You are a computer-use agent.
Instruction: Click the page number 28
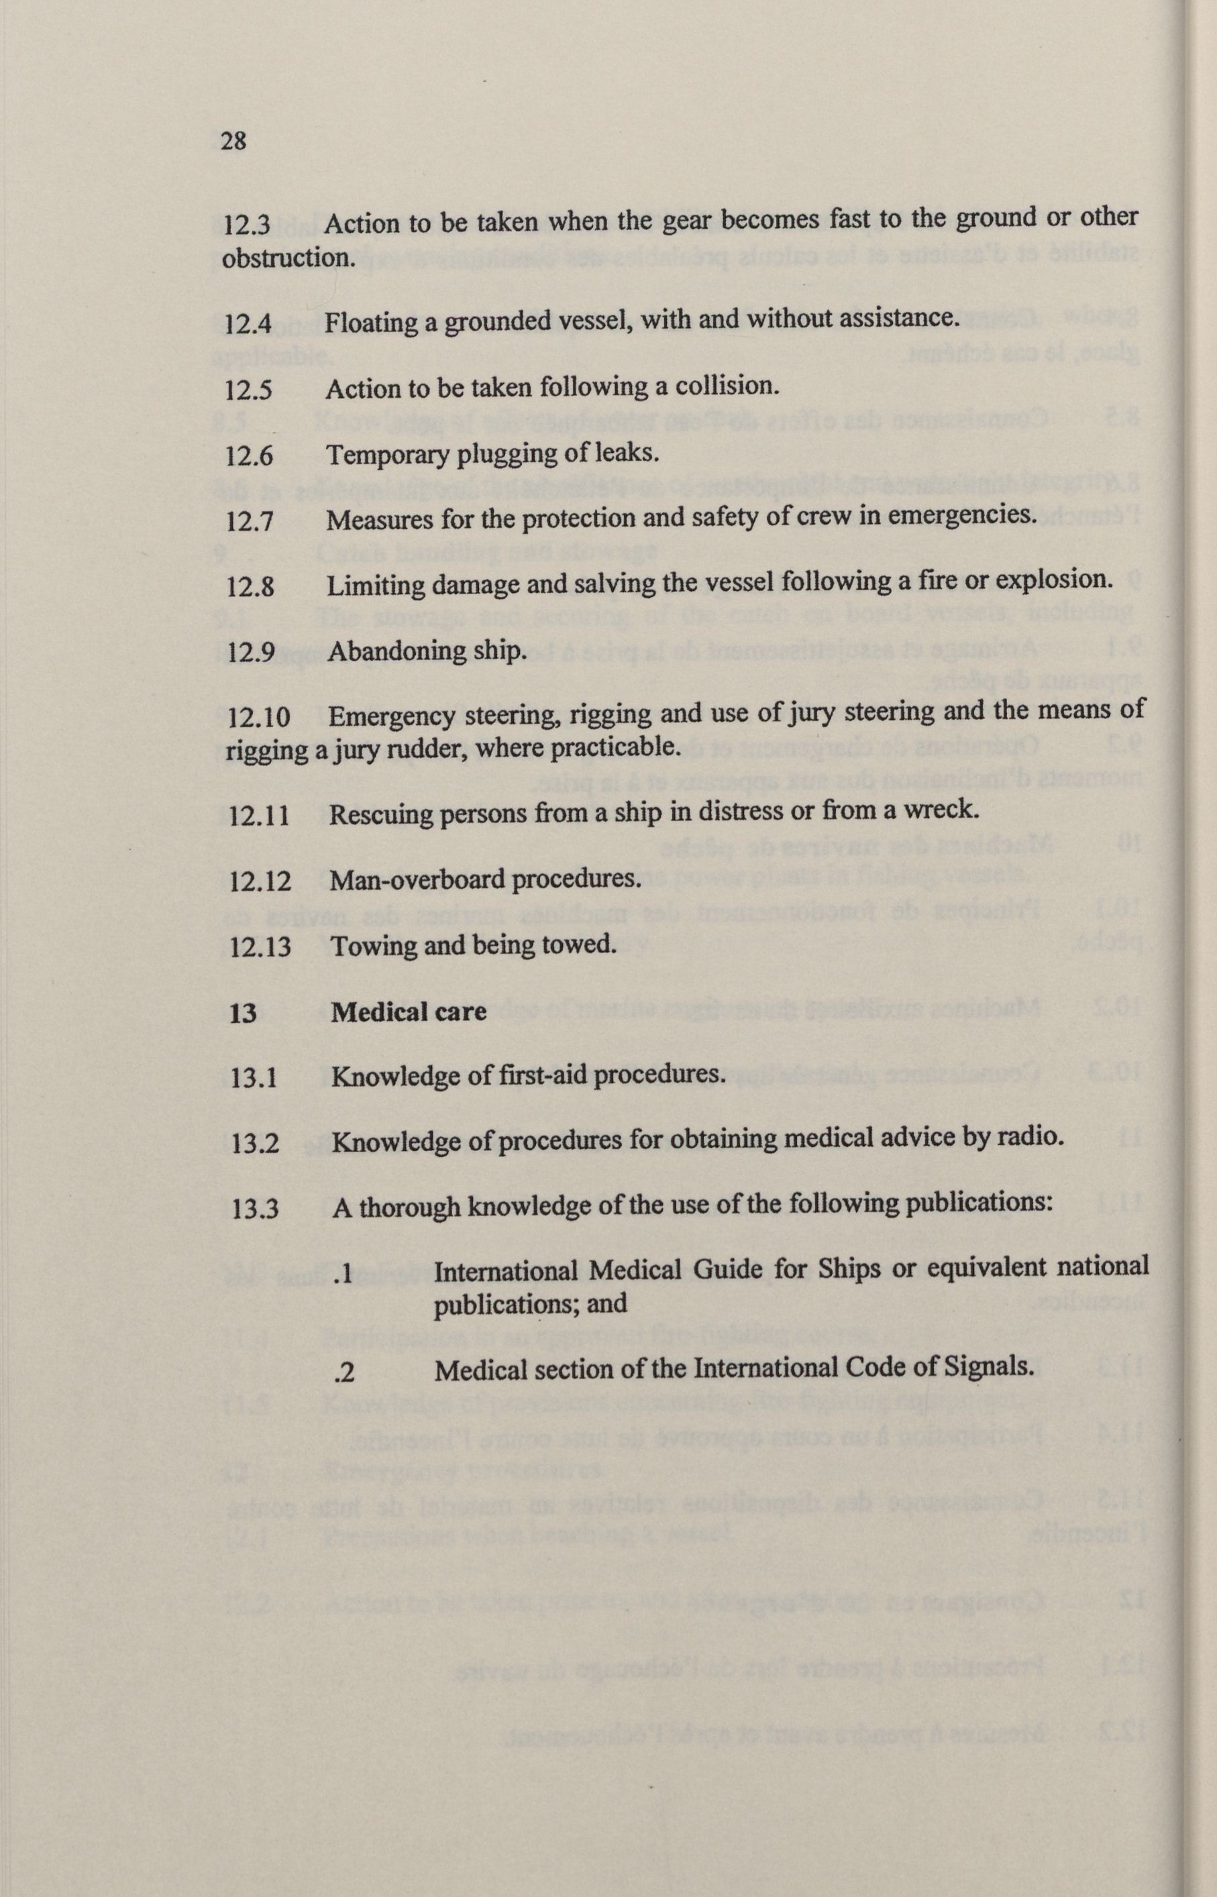coord(233,142)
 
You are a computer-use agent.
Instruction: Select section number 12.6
coord(249,455)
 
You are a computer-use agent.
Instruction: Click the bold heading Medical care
coord(409,1012)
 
